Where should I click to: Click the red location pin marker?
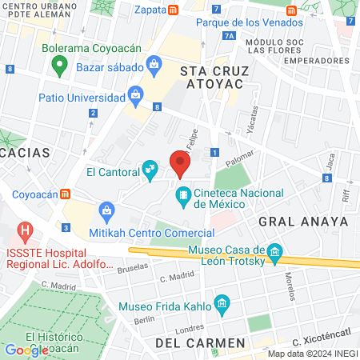[180, 164]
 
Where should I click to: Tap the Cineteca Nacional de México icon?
[183, 194]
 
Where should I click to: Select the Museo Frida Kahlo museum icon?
[222, 306]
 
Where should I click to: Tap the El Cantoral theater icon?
[149, 170]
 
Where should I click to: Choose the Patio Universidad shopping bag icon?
[135, 98]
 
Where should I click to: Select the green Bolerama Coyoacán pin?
[58, 67]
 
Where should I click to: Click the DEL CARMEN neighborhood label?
[200, 343]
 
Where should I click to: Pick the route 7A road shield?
[230, 36]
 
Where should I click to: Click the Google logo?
[26, 350]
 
